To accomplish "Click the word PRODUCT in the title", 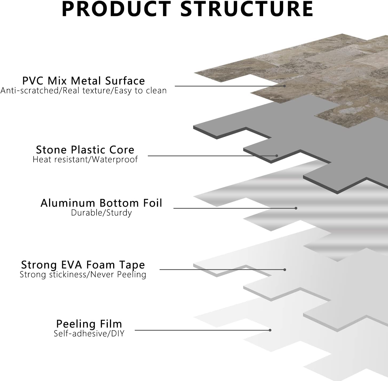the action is (116, 9).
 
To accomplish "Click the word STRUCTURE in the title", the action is (247, 9).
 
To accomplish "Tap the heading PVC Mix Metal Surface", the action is (84, 81).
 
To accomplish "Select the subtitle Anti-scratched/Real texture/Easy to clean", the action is (84, 91).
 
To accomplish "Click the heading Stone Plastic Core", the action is (85, 150).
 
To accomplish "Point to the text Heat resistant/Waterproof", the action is (85, 159).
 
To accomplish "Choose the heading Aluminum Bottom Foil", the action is (101, 203).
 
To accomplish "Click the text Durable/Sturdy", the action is (101, 213).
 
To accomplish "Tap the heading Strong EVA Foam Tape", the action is (83, 265).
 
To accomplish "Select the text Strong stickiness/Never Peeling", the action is (83, 275).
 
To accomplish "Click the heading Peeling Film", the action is (89, 324).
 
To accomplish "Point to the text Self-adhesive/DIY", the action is (89, 333).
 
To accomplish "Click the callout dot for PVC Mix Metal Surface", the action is (284, 86).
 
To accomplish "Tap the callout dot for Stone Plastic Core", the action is (277, 156).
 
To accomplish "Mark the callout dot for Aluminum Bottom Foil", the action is (296, 208).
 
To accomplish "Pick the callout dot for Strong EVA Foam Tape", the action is (285, 270).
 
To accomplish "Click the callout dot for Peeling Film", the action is (270, 330).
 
